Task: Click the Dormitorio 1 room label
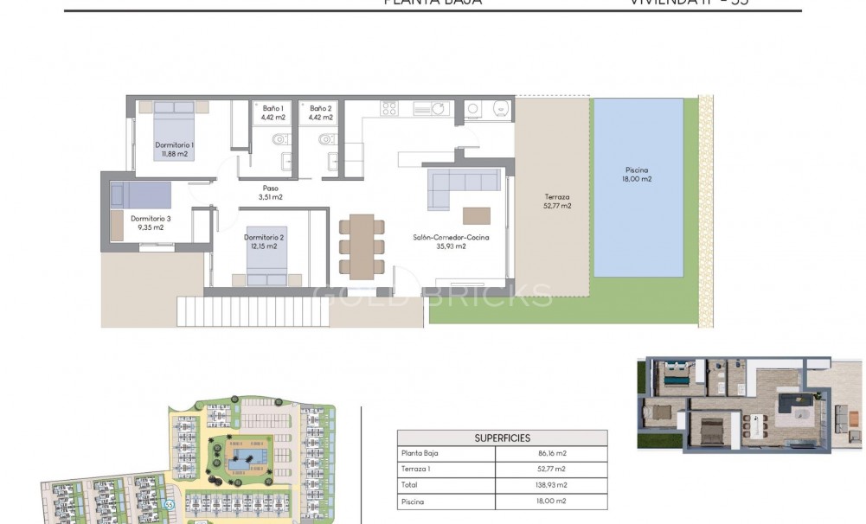174,149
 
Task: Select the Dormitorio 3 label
151,223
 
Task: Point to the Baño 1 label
273,112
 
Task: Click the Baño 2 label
321,112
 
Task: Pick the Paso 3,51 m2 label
270,192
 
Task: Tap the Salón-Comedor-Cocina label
445,240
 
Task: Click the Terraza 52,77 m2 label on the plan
558,201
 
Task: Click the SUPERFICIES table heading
502,438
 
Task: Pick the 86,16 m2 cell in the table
554,453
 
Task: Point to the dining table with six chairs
362,246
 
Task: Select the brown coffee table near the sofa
476,214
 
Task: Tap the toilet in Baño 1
279,139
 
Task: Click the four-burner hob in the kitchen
388,108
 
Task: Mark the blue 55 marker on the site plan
170,504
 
